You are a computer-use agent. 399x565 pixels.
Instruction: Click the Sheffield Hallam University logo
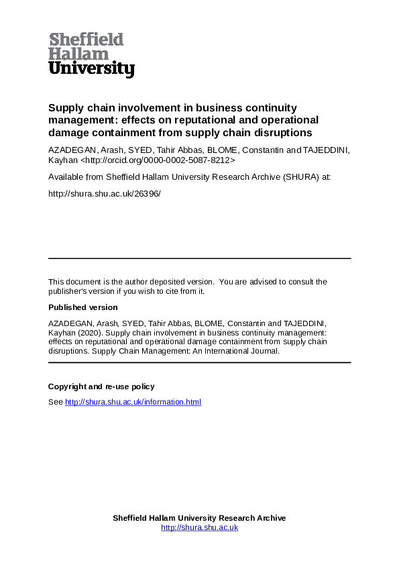point(91,55)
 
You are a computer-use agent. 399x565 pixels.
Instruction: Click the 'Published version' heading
point(83,307)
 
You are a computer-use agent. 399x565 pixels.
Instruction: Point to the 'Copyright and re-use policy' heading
point(101,387)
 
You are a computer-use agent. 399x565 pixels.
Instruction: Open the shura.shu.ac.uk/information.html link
point(133,402)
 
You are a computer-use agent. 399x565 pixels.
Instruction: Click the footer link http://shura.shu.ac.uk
point(199,527)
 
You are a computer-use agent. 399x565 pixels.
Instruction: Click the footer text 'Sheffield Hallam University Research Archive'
point(199,518)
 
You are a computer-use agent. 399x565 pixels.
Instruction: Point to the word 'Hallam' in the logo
point(78,54)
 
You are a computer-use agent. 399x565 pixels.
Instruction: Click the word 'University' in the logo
point(91,68)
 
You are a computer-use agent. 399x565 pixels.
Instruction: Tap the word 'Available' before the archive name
point(66,177)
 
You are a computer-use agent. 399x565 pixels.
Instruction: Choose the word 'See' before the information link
point(55,402)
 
